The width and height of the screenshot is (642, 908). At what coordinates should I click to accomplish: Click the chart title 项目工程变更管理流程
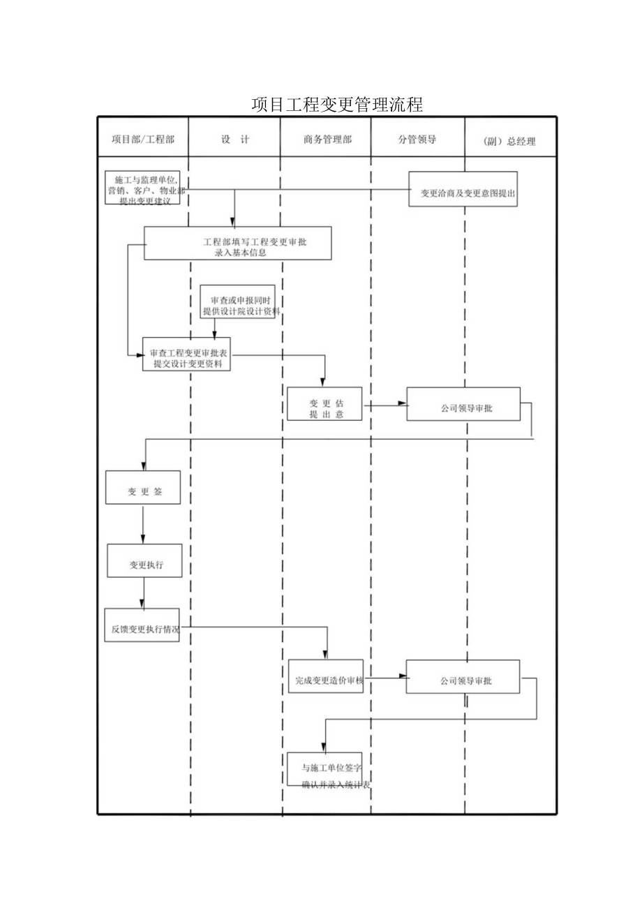click(337, 105)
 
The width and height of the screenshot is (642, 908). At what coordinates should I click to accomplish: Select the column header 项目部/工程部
click(143, 140)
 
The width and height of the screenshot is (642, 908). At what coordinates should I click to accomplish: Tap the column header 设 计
click(235, 140)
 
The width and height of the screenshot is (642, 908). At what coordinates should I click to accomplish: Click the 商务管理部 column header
click(327, 140)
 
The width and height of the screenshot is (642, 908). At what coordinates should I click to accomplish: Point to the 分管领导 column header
click(417, 140)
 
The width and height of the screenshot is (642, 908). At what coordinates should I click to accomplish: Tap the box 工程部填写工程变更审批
click(237, 244)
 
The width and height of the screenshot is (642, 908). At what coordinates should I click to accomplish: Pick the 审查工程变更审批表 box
click(188, 354)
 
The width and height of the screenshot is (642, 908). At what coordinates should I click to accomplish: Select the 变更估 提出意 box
click(324, 404)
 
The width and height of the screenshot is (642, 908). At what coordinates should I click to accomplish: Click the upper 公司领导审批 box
click(463, 404)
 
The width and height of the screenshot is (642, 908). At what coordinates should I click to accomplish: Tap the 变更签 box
click(144, 487)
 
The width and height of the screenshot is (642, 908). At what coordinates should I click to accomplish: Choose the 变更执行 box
click(144, 560)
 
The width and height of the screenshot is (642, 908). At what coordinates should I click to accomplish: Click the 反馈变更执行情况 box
click(142, 625)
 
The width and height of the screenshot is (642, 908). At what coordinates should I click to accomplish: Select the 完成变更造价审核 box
click(325, 676)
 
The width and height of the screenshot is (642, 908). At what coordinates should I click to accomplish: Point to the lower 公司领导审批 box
click(463, 676)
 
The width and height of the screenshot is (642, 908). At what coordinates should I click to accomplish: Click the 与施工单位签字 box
click(324, 769)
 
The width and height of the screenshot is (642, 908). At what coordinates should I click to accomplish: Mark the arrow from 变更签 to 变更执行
click(143, 523)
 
